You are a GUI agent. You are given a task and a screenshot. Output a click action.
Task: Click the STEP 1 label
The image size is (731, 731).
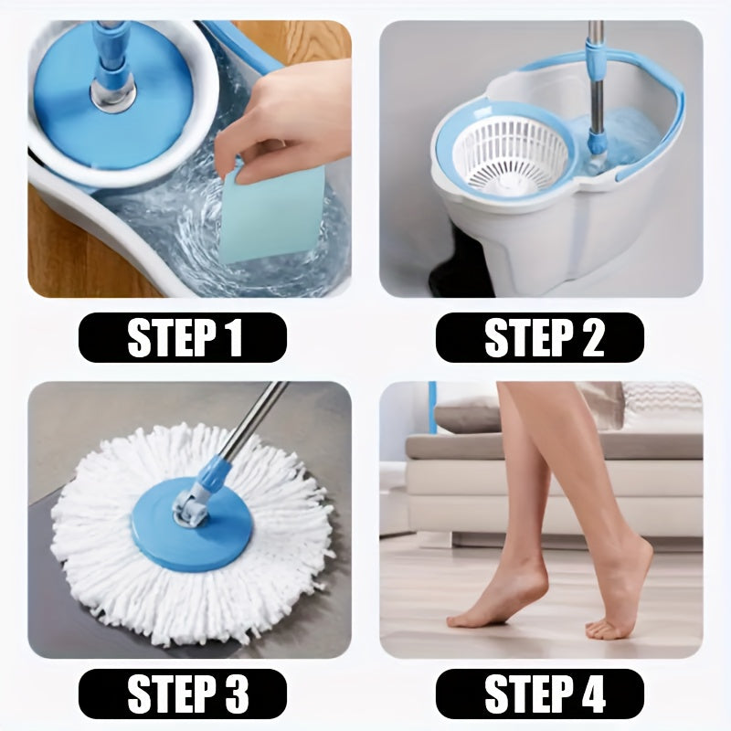(x=183, y=338)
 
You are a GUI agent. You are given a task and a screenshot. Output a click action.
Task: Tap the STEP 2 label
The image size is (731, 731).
(x=540, y=338)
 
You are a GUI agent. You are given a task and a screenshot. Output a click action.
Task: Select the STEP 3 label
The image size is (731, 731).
(x=183, y=694)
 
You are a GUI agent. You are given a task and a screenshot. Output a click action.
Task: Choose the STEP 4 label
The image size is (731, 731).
(x=540, y=694)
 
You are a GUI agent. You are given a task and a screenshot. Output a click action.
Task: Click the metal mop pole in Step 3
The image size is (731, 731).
(x=256, y=420)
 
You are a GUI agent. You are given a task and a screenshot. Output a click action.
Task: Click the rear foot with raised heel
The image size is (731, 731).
(x=621, y=594)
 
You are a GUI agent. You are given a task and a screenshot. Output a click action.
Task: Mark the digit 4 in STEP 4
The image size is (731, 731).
(x=589, y=694)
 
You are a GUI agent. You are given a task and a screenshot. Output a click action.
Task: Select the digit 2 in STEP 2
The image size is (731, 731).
(x=589, y=338)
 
